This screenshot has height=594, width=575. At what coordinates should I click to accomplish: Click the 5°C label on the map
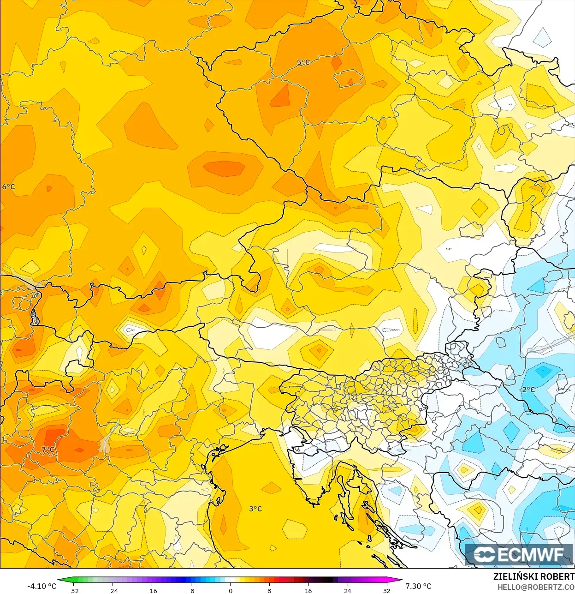(303, 62)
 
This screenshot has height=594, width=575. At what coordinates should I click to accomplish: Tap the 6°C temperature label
(8, 187)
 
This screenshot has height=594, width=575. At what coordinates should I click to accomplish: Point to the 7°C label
(48, 450)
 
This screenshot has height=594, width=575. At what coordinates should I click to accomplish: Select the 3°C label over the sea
(255, 509)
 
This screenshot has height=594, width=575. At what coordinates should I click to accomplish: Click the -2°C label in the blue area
(528, 390)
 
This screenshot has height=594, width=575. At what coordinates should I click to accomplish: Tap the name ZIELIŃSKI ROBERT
(534, 576)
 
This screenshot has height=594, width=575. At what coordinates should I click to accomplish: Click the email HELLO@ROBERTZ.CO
(535, 587)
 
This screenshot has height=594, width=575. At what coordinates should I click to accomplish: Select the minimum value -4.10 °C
(41, 586)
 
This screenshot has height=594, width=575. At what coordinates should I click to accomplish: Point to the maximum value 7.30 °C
(418, 586)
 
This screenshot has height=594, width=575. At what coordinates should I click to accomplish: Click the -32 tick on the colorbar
(73, 591)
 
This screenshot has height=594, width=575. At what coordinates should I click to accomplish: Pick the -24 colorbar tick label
(112, 591)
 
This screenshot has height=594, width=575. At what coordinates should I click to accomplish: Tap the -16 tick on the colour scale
(151, 591)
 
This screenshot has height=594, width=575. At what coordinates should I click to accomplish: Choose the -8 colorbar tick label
(191, 591)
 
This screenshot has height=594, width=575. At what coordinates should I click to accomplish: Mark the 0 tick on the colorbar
(230, 591)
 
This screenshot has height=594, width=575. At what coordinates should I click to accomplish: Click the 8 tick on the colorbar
(269, 591)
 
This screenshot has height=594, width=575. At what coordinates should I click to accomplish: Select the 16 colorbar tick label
(308, 591)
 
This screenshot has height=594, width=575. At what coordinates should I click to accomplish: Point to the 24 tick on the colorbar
(347, 591)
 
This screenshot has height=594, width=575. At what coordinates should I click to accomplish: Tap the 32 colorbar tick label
(386, 591)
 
